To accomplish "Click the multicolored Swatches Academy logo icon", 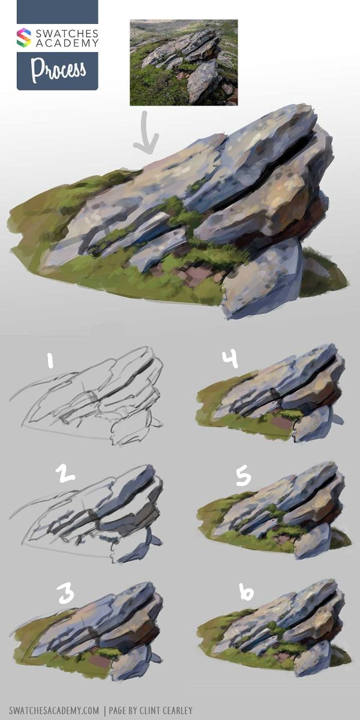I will [x=23, y=37].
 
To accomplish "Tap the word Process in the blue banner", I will [x=58, y=71].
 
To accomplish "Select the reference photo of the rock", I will [x=184, y=62].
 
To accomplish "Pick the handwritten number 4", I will [x=230, y=358].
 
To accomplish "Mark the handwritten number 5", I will [x=242, y=476].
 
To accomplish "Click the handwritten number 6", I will [x=246, y=593].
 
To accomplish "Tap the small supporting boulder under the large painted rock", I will [x=264, y=279].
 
